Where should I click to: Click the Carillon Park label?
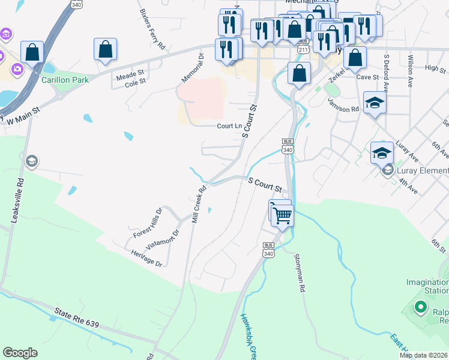(x=65, y=80)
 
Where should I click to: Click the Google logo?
(x=20, y=353)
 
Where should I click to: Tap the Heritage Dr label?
(x=146, y=258)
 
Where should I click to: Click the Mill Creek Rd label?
(x=199, y=205)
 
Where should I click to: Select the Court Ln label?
(x=229, y=126)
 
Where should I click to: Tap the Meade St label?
(x=130, y=74)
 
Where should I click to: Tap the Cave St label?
(x=367, y=77)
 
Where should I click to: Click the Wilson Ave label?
(x=410, y=63)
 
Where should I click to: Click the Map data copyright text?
(x=423, y=355)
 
